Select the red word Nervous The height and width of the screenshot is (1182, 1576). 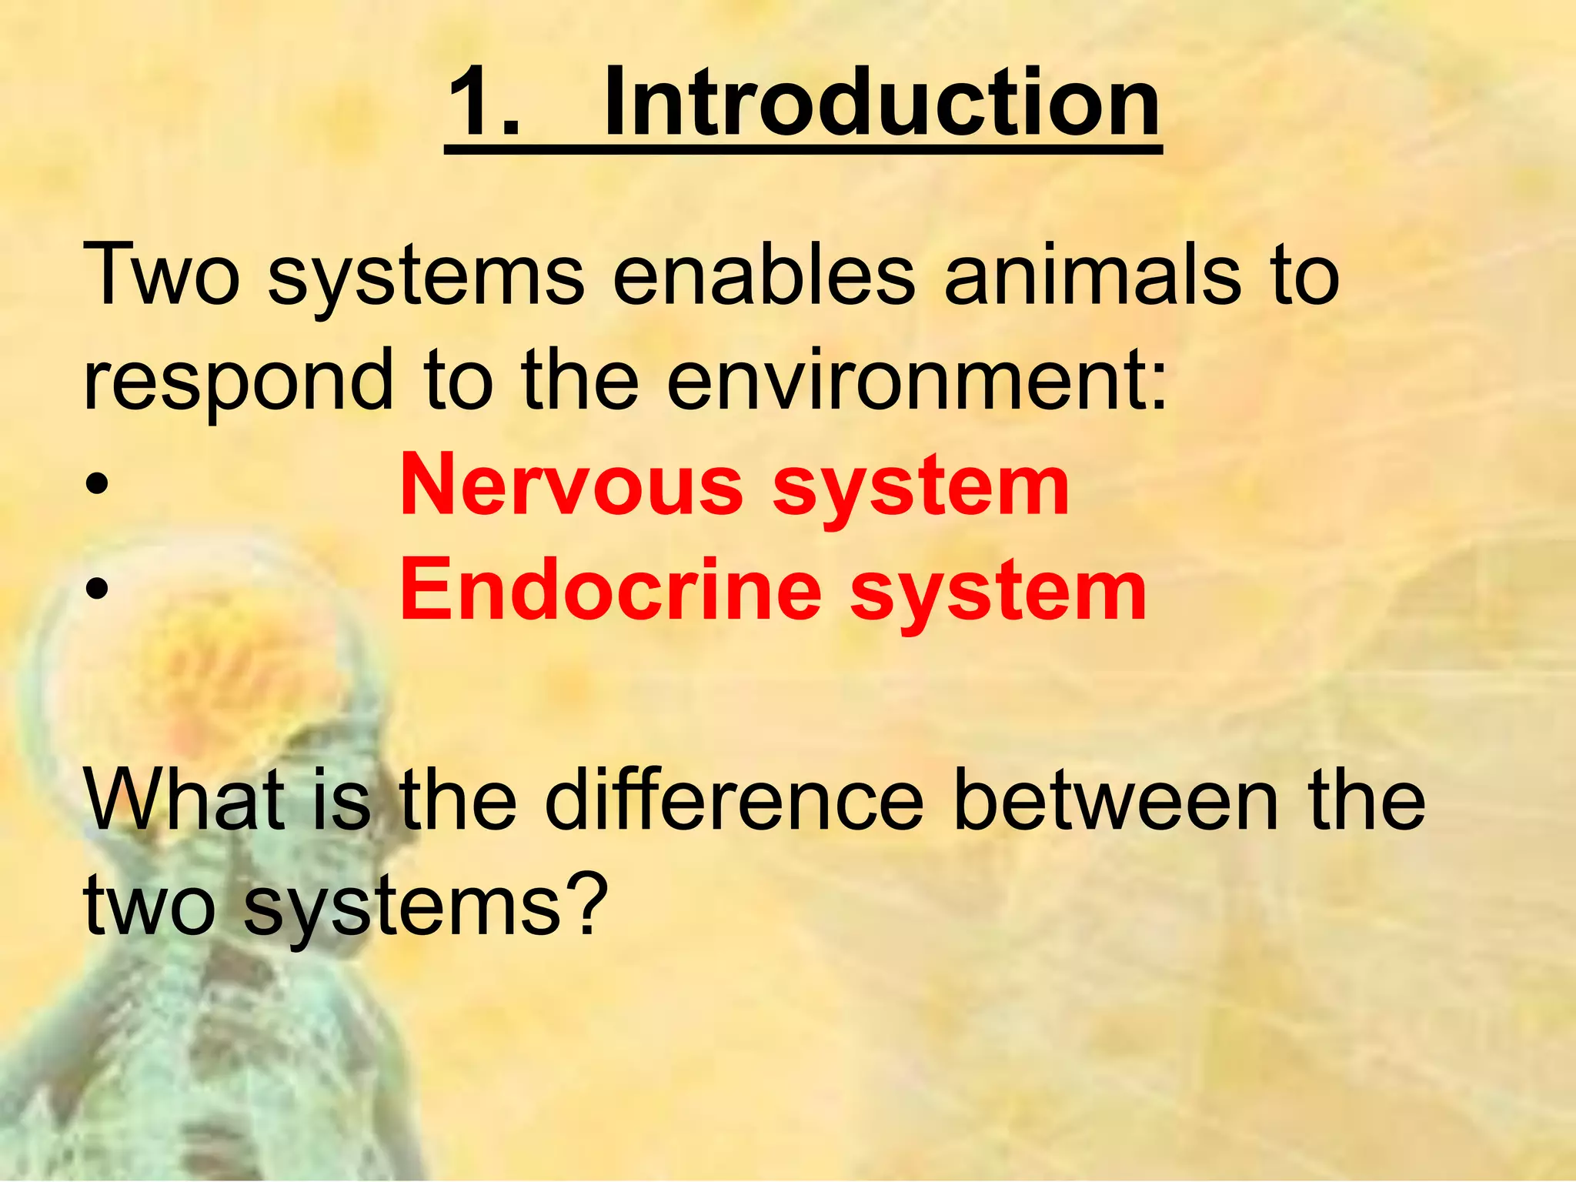pos(571,486)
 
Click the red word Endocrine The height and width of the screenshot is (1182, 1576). pos(610,591)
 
